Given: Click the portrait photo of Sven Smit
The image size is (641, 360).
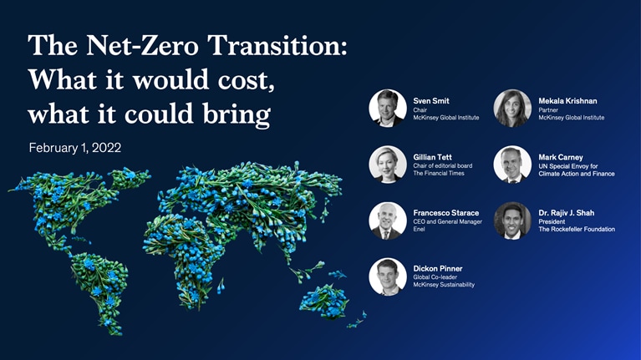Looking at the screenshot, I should (388, 108).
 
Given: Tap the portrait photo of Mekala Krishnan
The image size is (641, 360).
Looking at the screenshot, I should (512, 108).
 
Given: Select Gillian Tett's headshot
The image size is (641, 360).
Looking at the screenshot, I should (388, 164).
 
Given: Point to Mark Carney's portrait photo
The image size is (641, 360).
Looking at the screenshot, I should (512, 164).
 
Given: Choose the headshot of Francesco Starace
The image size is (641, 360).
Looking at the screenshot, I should (388, 220).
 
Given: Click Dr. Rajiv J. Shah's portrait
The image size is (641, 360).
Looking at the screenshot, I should (512, 220).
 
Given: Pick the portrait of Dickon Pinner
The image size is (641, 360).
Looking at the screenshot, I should (388, 276).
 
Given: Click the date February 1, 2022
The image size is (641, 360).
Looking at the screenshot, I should (75, 148).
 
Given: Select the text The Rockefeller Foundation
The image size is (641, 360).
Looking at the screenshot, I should (577, 229).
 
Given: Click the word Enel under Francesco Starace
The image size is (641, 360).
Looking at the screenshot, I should (420, 229).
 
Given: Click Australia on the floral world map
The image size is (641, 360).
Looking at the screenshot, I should (323, 302).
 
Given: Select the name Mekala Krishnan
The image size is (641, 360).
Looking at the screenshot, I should (567, 101).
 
